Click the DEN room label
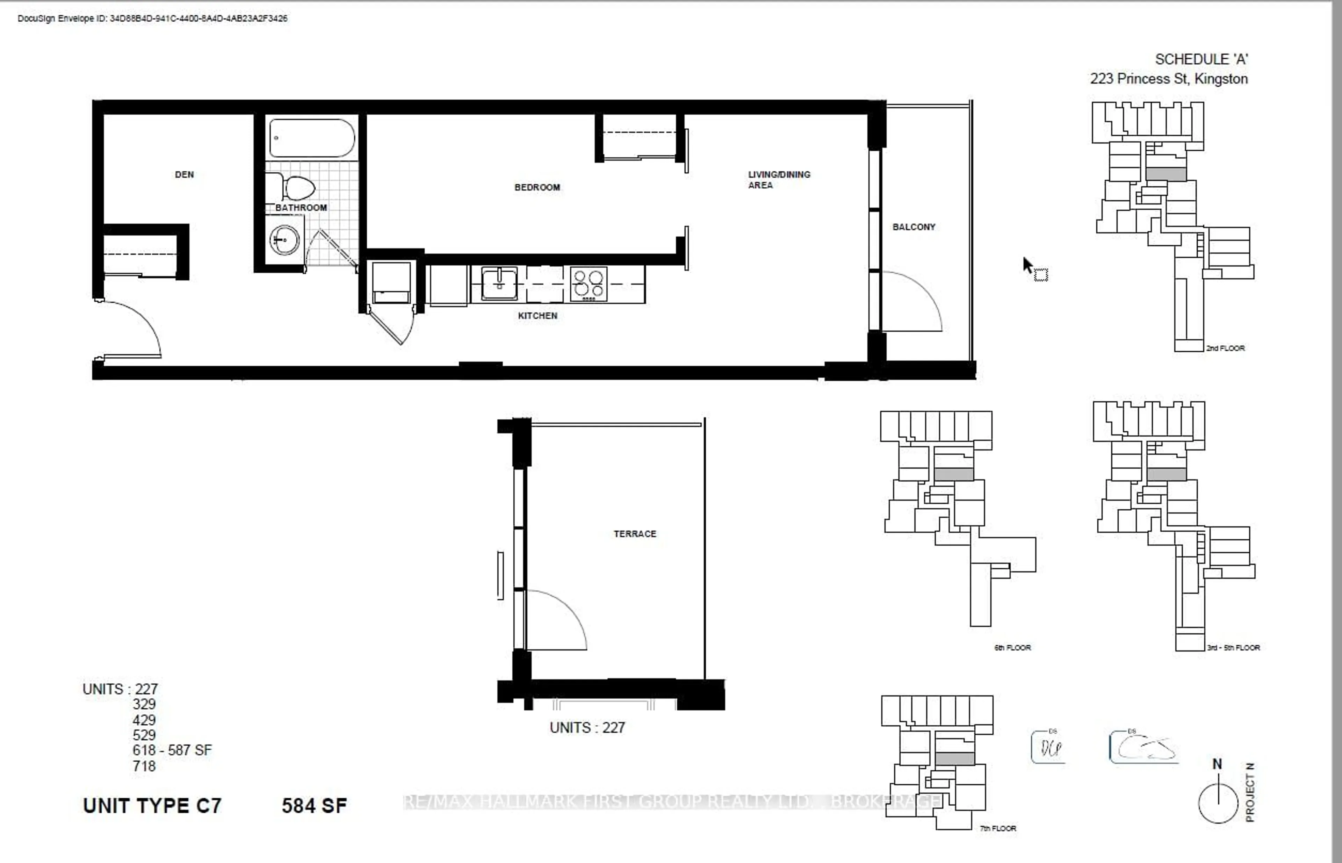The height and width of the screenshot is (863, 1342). [184, 175]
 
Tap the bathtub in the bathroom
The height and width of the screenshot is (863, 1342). [311, 138]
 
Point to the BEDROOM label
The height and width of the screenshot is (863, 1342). [537, 187]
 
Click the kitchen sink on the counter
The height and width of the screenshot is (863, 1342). [499, 283]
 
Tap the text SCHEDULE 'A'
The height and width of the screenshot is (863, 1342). [1201, 59]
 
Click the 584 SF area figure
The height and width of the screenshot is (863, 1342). [314, 806]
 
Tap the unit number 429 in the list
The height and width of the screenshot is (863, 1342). [144, 720]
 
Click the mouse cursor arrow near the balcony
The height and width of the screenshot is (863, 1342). [1027, 265]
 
